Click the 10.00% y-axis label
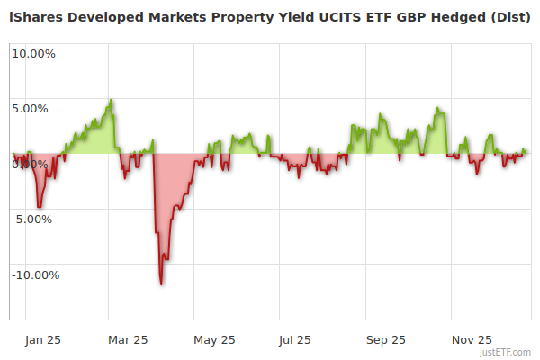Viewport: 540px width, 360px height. [x=33, y=53]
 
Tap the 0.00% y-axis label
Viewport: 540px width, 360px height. [x=31, y=164]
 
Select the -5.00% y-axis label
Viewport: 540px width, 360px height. [x=33, y=219]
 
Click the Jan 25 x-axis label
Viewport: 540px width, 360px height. [x=41, y=339]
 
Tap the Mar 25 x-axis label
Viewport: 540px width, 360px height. [x=127, y=339]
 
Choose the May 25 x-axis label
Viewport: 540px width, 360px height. [x=214, y=339]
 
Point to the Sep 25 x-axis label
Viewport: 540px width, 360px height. [x=385, y=339]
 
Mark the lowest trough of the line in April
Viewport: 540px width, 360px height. [x=161, y=284]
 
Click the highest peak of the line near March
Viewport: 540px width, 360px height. [x=111, y=100]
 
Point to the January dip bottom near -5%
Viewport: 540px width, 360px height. [x=39, y=208]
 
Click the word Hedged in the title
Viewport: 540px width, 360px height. [x=457, y=16]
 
